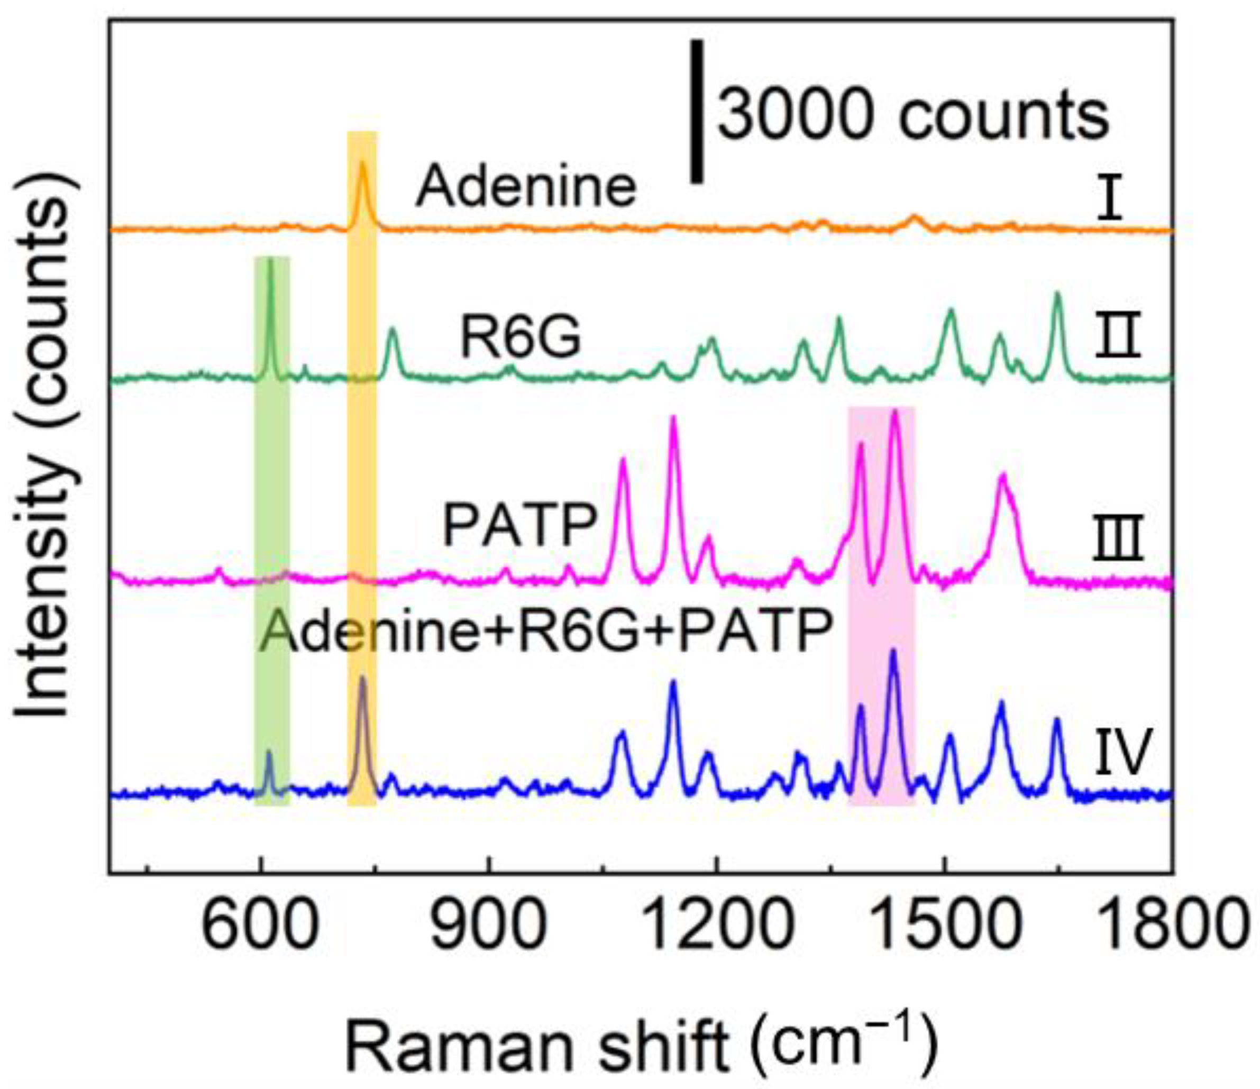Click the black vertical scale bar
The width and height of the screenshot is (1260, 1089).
pos(698,111)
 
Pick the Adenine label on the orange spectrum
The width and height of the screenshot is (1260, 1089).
pos(526,187)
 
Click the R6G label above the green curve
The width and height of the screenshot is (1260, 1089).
pos(521,338)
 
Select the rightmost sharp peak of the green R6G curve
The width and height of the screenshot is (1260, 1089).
pos(1057,294)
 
